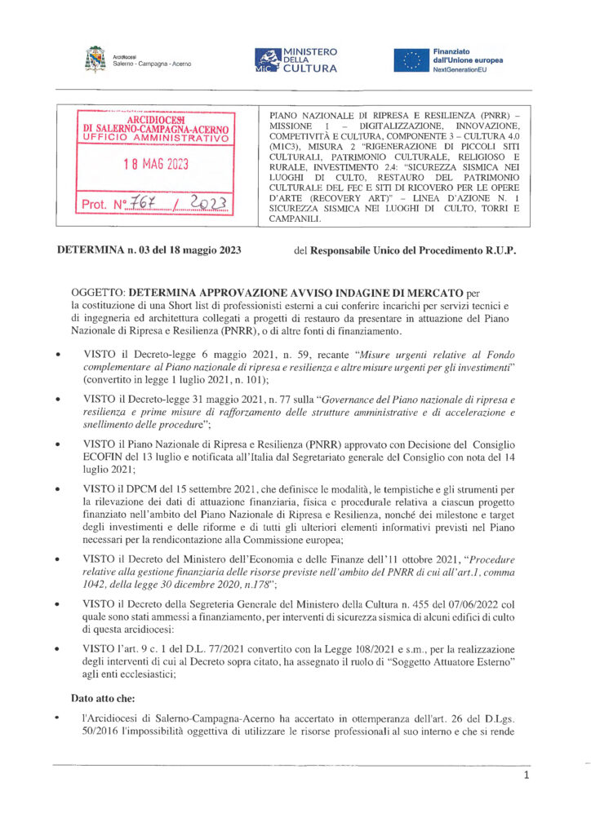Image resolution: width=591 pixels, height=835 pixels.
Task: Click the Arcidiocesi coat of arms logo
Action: click(x=96, y=60)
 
